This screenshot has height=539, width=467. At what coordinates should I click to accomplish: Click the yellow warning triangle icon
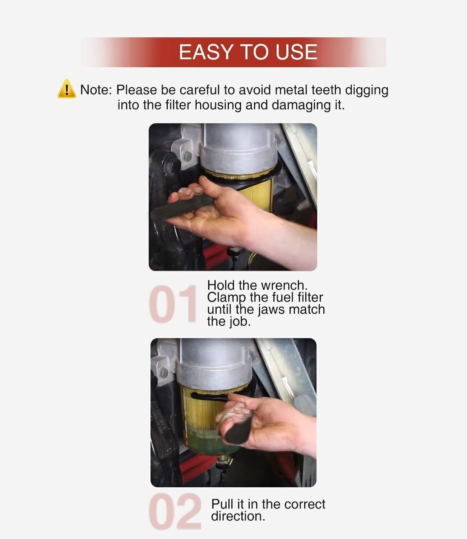click(x=67, y=89)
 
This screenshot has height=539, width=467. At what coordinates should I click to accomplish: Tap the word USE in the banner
click(x=296, y=52)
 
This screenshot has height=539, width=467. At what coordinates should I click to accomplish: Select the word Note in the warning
click(x=94, y=90)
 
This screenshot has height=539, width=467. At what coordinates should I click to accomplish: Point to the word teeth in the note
click(x=326, y=90)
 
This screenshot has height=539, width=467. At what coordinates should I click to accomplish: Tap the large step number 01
click(x=172, y=304)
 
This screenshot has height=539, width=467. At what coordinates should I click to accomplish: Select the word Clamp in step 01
click(x=226, y=298)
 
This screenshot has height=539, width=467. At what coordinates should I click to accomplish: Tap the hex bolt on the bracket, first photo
click(x=187, y=156)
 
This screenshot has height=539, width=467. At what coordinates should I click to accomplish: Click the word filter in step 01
click(x=315, y=298)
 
